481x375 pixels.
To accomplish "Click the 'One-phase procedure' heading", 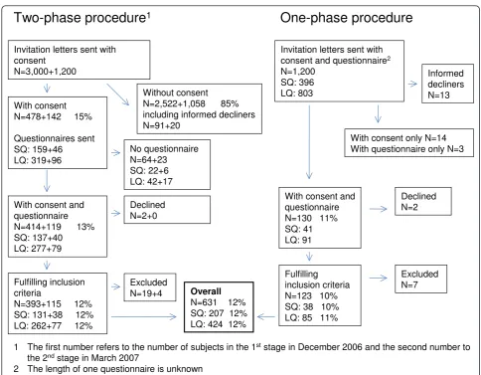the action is click(x=346, y=18).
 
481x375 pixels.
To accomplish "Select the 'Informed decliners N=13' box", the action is click(x=447, y=84).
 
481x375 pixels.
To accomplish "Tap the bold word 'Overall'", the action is click(x=206, y=291).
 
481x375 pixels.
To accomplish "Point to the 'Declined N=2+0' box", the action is click(x=167, y=210).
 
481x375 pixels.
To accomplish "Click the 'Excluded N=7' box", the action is click(x=420, y=280).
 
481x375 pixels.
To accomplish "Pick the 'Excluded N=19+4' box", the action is click(x=150, y=287).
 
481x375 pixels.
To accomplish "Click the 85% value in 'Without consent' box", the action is click(x=230, y=103).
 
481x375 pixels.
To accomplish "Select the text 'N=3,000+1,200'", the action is click(x=45, y=72).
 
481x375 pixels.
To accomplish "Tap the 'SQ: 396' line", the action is click(x=297, y=83).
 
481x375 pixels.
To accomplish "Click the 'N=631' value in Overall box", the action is click(x=204, y=302).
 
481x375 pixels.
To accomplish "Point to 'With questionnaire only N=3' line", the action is click(x=407, y=149).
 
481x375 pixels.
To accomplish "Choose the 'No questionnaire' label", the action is click(x=164, y=148).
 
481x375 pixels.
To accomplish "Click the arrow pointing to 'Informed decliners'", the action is click(x=412, y=84).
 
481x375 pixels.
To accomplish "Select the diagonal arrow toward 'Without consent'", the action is click(x=118, y=94).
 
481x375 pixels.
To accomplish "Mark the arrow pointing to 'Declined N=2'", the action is click(x=379, y=209).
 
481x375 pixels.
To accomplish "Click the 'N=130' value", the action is click(x=298, y=218).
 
